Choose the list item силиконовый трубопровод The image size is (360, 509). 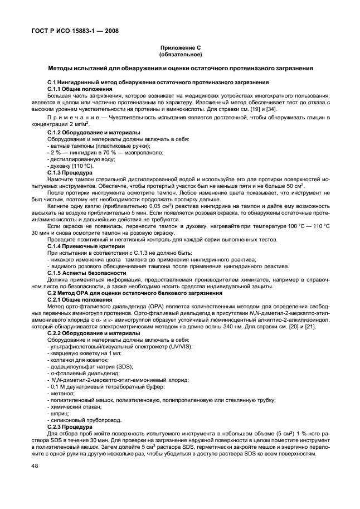coord(83,422)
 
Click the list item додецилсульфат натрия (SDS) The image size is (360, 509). coord(84,367)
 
